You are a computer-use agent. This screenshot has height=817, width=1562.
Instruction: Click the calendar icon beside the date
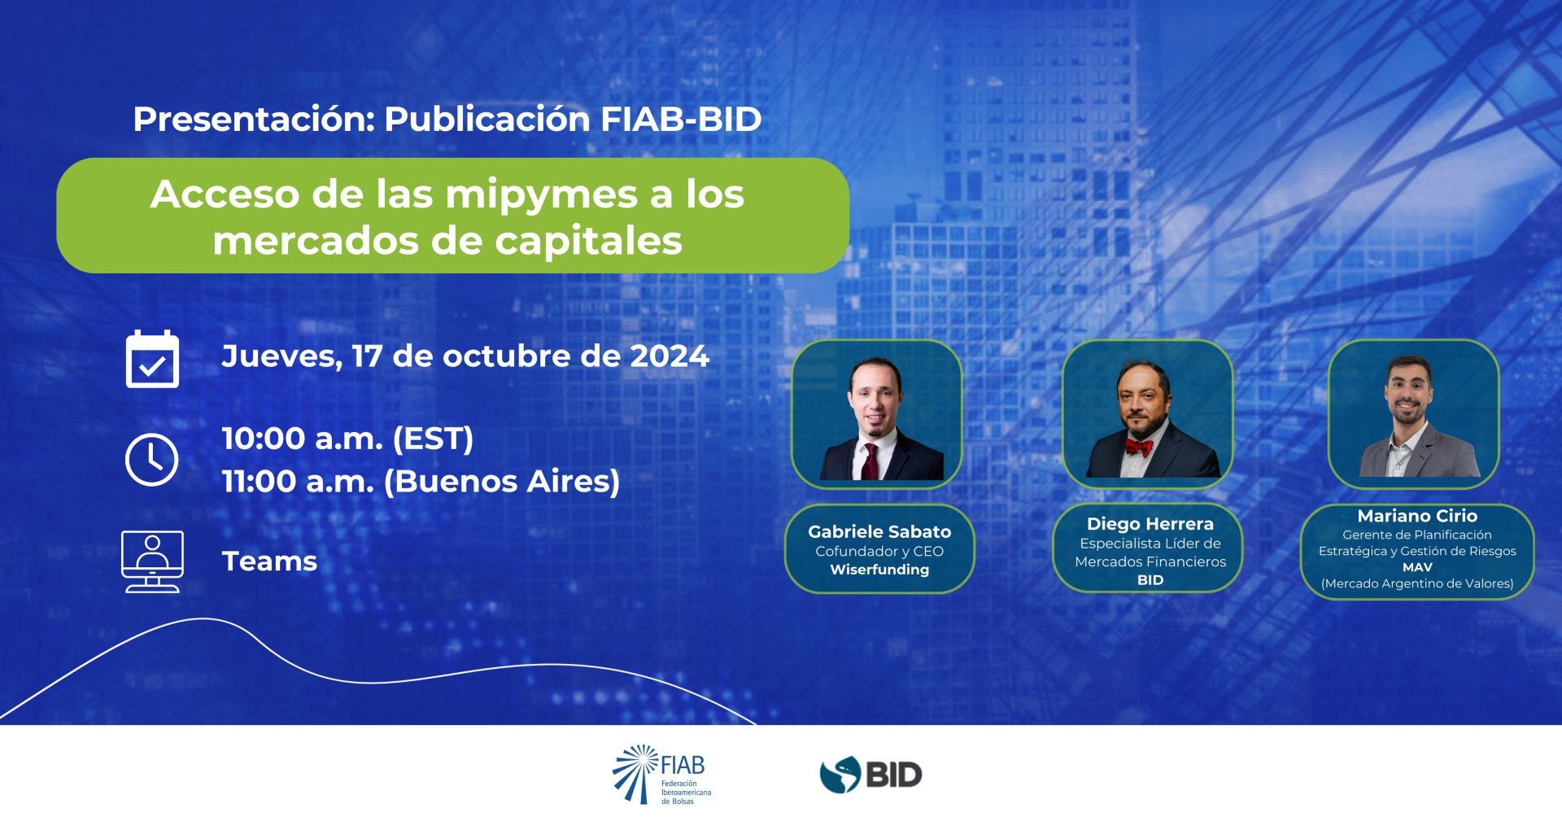point(152,359)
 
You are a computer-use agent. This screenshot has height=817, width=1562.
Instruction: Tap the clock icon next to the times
point(152,460)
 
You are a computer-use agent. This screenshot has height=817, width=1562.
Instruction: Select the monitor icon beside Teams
point(152,561)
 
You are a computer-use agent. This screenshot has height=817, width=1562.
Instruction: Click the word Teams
point(269,561)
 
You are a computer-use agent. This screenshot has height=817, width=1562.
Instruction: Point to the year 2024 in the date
point(670,356)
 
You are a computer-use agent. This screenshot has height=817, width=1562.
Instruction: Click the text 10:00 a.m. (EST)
point(347,439)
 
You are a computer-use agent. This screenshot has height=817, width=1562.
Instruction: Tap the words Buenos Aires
point(501,481)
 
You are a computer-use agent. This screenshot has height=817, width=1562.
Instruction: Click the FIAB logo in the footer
point(661,774)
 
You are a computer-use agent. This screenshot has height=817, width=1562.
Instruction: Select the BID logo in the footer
point(870,774)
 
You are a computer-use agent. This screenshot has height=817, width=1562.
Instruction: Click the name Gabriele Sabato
point(879,531)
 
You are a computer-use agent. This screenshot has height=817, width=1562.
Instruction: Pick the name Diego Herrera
point(1150,524)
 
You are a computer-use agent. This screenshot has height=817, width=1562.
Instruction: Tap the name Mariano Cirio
point(1417,516)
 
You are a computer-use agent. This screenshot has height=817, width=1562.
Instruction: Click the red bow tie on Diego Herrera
point(1139,447)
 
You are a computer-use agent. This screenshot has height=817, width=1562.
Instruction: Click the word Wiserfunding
point(879,570)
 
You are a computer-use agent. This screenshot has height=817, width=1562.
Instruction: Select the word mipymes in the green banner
point(542,195)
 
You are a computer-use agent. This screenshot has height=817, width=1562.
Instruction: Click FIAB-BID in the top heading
point(681,119)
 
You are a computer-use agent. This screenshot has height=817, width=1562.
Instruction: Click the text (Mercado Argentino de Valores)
point(1417,583)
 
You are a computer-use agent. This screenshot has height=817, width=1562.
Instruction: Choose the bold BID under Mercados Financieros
point(1150,580)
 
